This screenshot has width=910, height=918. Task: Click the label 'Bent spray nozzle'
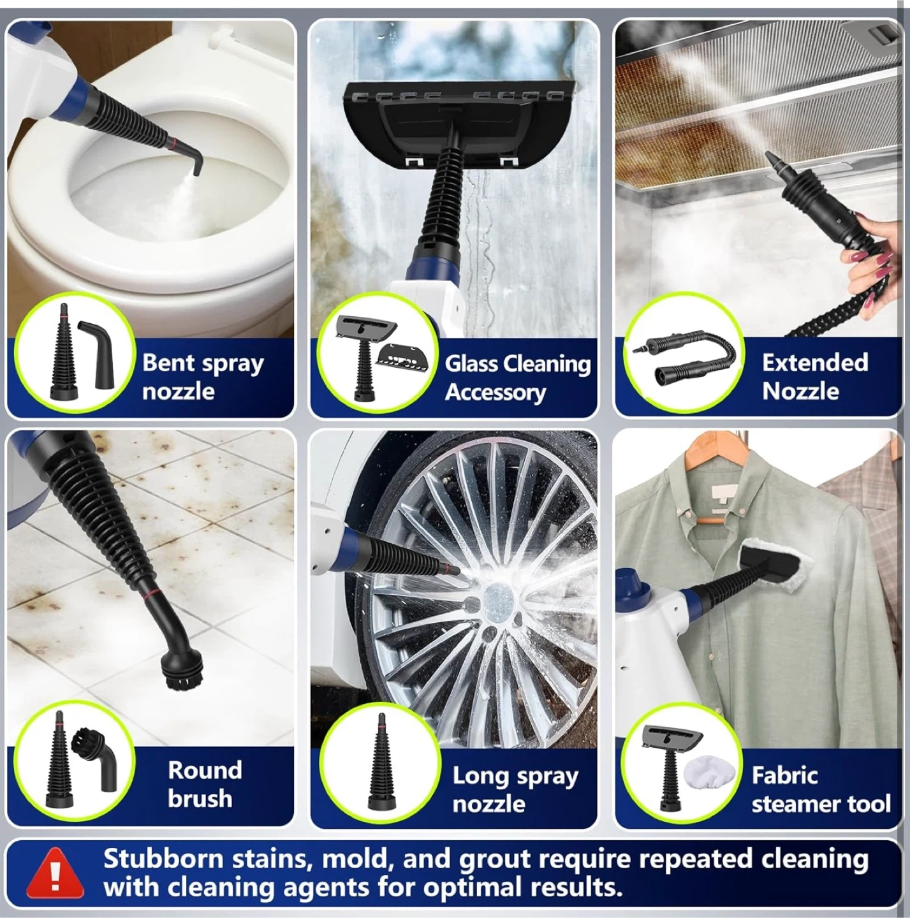click(203, 377)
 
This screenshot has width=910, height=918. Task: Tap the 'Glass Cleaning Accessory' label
click(518, 378)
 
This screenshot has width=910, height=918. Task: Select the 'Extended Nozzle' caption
click(814, 377)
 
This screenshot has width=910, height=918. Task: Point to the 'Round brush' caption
click(205, 784)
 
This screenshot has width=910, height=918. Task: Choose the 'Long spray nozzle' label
click(515, 789)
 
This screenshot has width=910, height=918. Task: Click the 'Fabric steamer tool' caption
click(821, 789)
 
